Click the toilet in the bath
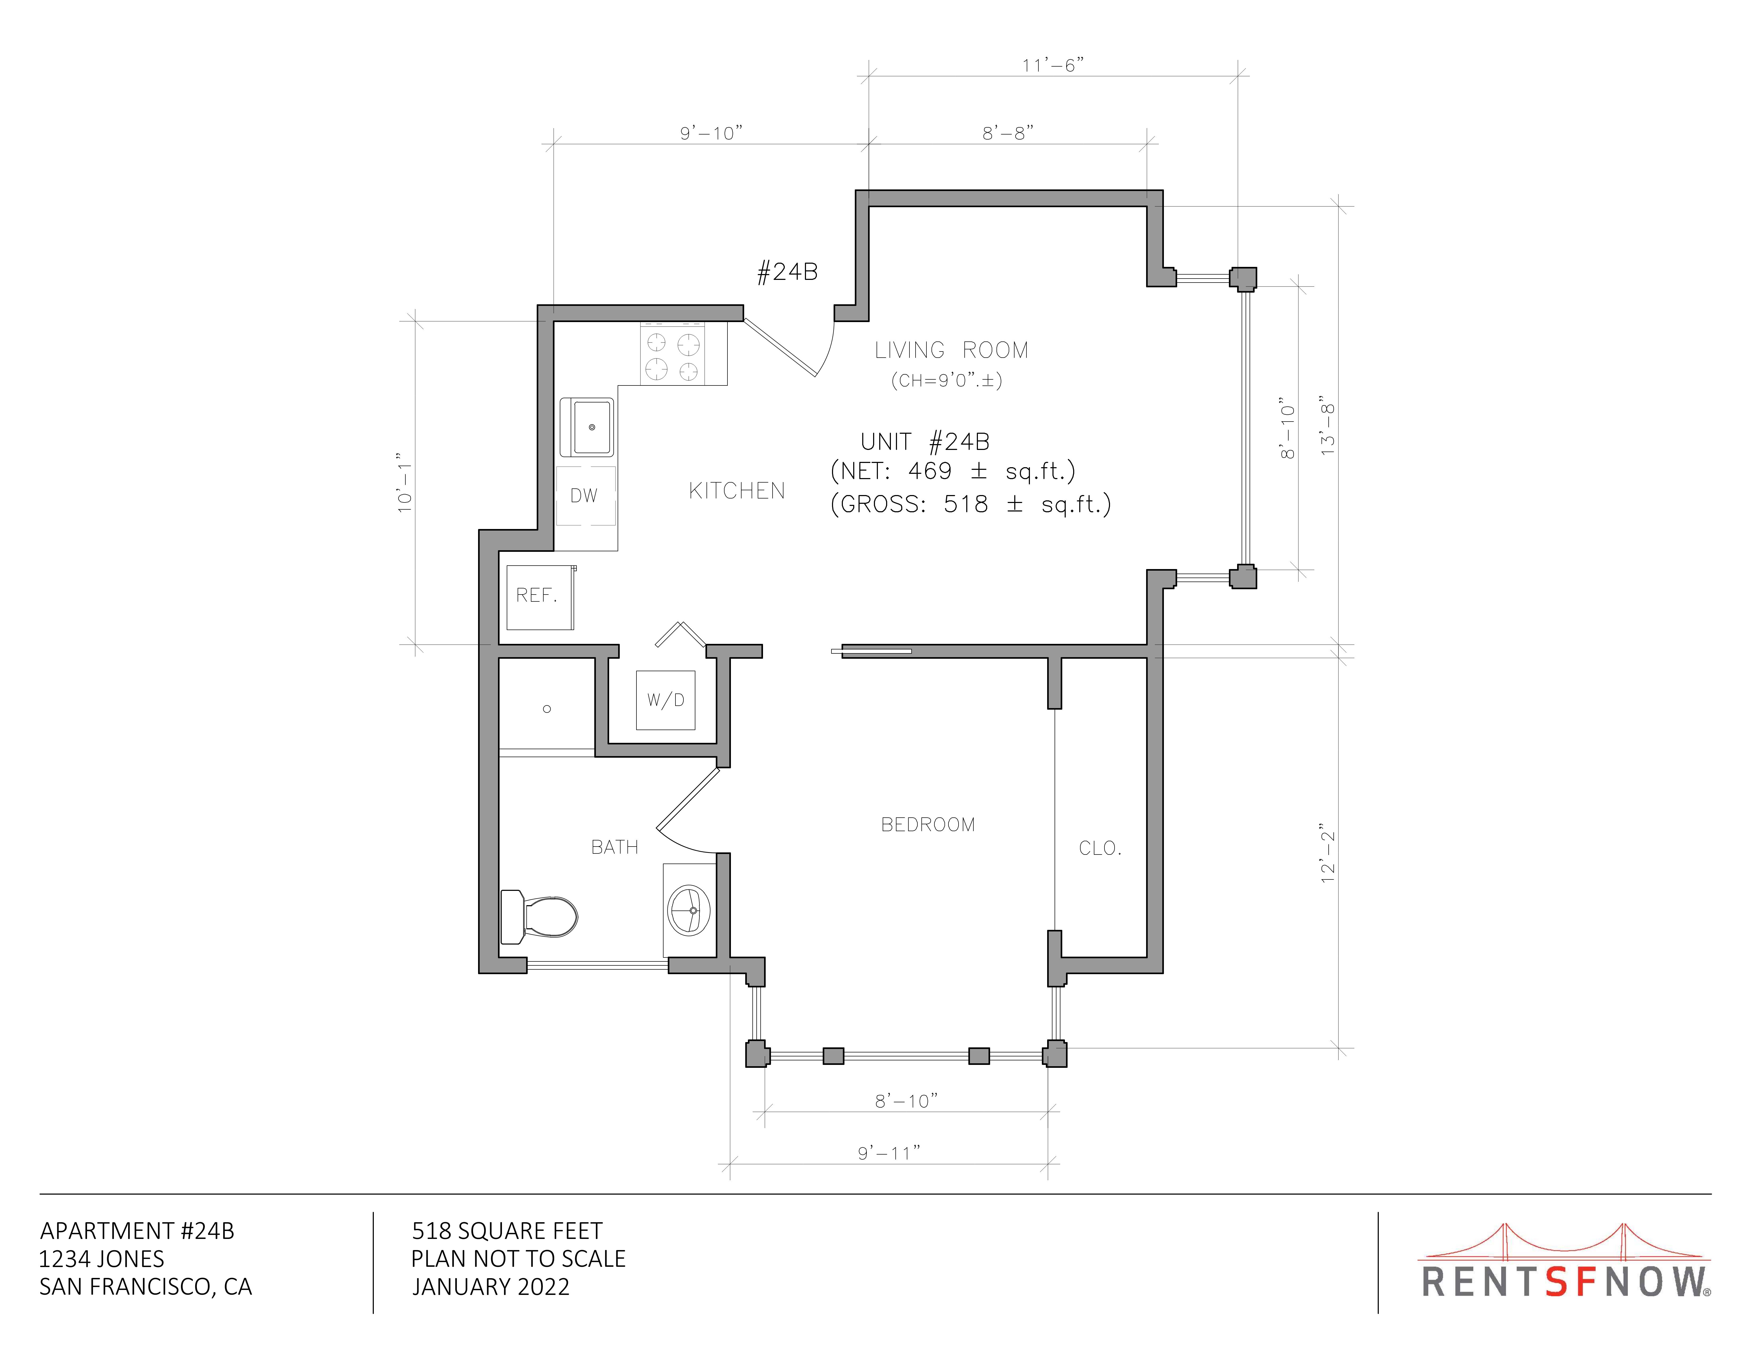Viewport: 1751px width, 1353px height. pos(539,916)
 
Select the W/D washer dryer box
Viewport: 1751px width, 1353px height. pos(665,700)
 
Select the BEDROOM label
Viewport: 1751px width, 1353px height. pos(927,825)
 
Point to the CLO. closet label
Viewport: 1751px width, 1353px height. pos(1100,848)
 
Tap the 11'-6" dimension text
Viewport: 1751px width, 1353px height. pos(1053,65)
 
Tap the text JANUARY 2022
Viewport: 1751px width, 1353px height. pos(491,1286)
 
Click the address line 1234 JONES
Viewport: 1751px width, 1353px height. pos(102,1258)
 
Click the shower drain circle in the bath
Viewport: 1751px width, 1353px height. pos(547,709)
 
